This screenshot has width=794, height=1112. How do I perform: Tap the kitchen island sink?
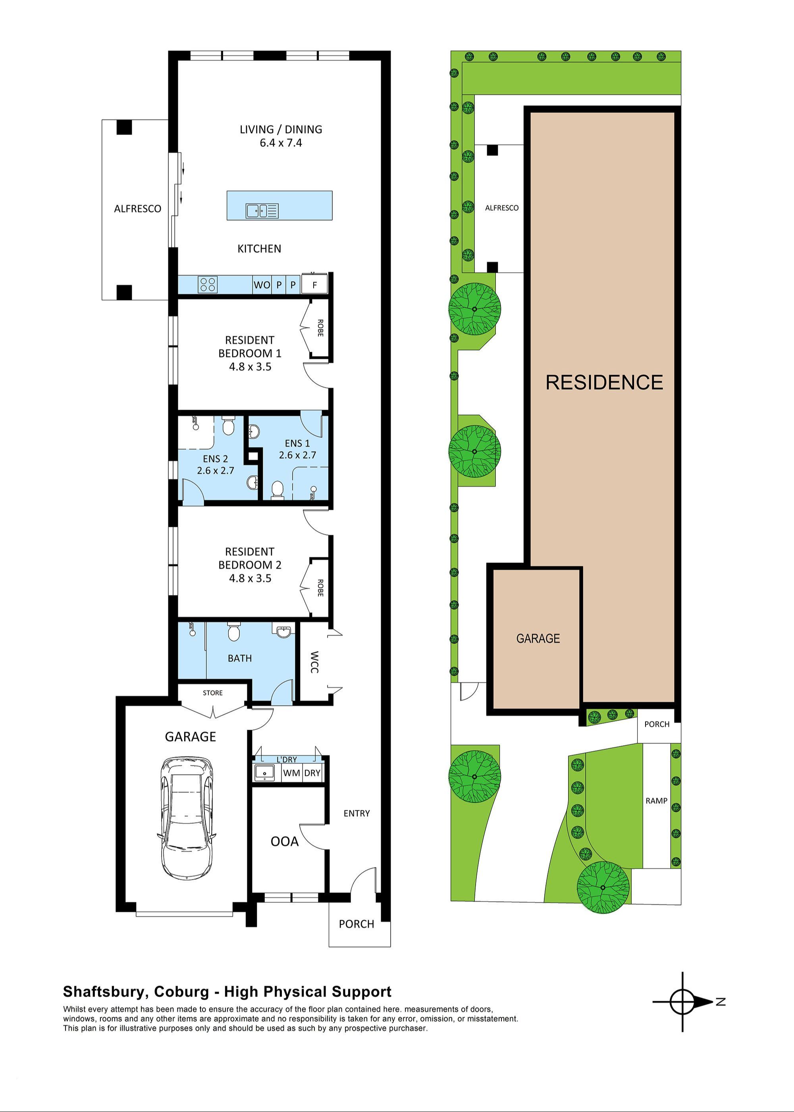[x=262, y=211]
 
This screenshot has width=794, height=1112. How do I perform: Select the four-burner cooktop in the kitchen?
[x=207, y=285]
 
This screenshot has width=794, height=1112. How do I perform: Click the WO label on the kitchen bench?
[x=262, y=285]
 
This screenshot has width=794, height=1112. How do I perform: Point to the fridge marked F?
[x=314, y=285]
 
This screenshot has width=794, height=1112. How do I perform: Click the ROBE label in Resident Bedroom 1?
[x=320, y=328]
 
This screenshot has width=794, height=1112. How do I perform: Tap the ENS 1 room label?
[x=297, y=443]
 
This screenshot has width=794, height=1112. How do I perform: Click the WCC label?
[x=314, y=662]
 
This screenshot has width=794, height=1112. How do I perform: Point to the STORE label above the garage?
[x=213, y=693]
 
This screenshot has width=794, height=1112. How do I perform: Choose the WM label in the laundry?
[x=291, y=773]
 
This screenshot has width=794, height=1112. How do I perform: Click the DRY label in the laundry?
[x=312, y=773]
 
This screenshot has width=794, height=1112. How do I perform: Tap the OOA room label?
[x=285, y=841]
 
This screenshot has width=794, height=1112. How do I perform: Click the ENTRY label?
[x=357, y=813]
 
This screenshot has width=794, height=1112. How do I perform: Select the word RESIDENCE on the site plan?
[x=604, y=382]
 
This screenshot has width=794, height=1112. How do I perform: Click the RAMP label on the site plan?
[x=656, y=801]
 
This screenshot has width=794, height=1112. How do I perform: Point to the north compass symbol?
[x=683, y=1002]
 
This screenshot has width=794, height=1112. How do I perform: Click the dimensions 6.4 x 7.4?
[x=281, y=143]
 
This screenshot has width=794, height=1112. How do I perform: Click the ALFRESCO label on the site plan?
[x=502, y=208]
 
